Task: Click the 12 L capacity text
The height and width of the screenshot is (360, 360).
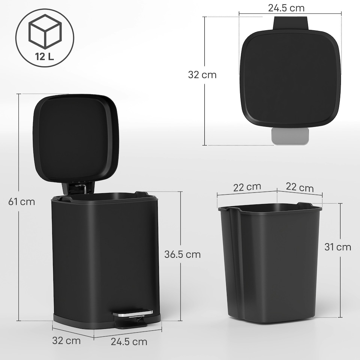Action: tap(45, 57)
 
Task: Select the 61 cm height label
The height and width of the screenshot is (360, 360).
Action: tap(22, 202)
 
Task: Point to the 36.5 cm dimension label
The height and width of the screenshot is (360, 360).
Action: tap(183, 254)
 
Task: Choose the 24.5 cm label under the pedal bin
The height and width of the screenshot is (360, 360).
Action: tap(129, 342)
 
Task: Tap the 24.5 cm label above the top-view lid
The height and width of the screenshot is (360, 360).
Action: tap(286, 7)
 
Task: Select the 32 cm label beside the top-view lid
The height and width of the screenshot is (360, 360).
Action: tap(202, 75)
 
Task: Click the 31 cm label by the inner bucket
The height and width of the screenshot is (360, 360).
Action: tap(338, 247)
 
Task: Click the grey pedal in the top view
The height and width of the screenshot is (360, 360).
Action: tap(290, 136)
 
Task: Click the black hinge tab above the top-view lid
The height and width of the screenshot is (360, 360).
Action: tap(291, 23)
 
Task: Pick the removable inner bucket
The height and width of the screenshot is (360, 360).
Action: tap(270, 262)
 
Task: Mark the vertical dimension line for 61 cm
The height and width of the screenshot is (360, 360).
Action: tap(18, 157)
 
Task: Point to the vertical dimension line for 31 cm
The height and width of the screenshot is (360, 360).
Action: tap(340, 285)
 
